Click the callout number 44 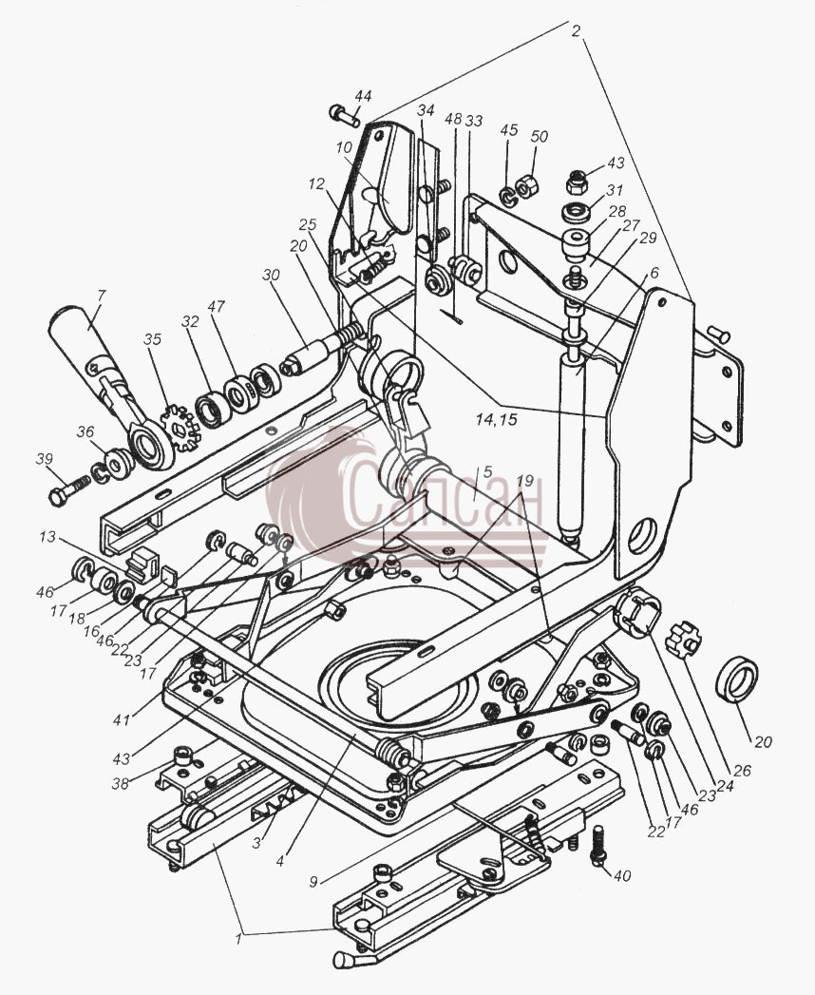363,96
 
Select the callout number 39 45,459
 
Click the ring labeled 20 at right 737,680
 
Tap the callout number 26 742,771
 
